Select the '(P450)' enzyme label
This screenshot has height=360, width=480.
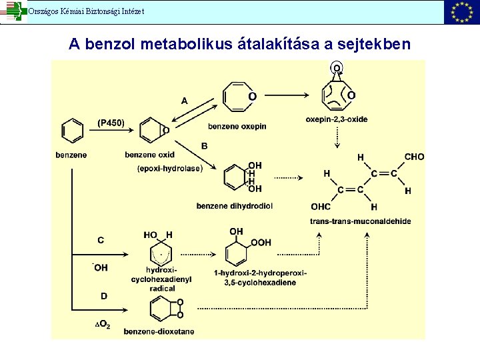(111, 123)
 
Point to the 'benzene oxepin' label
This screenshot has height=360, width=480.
(237, 126)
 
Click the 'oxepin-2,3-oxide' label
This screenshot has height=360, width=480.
(337, 119)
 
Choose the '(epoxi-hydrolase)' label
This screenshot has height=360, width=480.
(170, 169)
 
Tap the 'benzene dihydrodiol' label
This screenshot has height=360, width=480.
(234, 206)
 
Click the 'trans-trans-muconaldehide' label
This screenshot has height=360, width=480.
(360, 221)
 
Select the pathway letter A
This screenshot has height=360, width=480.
(185, 101)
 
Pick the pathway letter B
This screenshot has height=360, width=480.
(204, 146)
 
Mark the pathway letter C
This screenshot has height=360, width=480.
(101, 240)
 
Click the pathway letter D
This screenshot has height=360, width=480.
(103, 296)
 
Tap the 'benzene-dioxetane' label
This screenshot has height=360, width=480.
(159, 331)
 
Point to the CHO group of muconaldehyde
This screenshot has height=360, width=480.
(414, 157)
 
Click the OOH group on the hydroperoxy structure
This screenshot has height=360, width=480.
(261, 243)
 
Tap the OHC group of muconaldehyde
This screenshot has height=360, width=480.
(321, 206)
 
